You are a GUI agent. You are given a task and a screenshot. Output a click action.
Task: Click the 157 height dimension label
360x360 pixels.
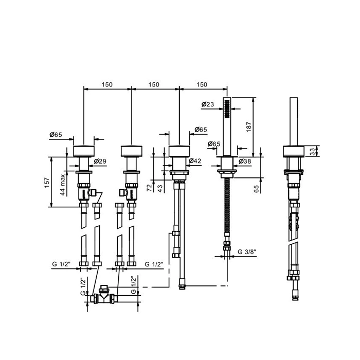47,182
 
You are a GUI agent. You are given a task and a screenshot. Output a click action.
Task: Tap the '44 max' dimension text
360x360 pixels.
63,185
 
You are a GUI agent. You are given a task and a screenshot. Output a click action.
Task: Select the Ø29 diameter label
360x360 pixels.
100,161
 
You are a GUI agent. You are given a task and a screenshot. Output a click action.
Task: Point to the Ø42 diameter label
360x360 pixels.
195,161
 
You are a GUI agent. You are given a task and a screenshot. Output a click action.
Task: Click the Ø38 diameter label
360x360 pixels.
245,161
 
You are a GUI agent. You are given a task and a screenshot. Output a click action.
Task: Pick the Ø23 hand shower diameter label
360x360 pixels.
208,104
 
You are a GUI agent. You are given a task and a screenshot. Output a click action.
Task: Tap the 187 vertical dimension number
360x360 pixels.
248,127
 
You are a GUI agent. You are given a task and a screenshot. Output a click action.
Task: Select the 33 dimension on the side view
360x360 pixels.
313,152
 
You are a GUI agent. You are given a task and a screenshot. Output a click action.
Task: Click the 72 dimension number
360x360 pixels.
150,188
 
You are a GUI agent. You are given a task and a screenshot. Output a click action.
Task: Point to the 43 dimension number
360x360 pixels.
160,188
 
